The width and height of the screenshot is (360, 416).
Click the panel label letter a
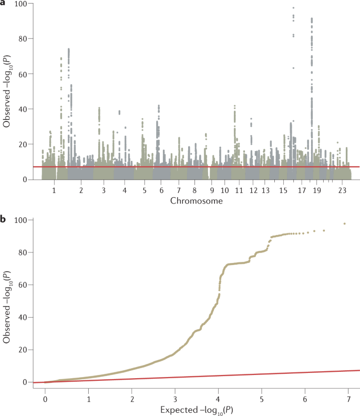click(x=3, y=4)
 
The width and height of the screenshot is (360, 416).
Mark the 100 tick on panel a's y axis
click(x=24, y=4)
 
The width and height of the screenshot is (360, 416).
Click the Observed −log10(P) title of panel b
click(x=7, y=301)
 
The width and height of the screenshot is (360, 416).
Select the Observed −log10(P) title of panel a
click(x=7, y=92)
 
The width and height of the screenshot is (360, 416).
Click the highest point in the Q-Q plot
click(x=344, y=224)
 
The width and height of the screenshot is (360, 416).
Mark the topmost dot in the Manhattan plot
click(x=293, y=8)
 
